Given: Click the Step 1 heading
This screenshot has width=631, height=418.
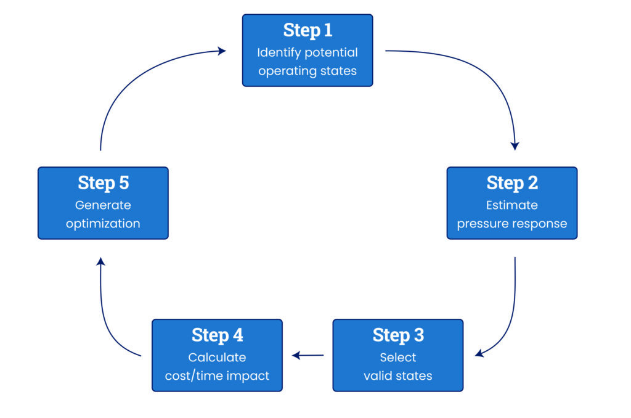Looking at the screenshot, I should pyautogui.click(x=307, y=30).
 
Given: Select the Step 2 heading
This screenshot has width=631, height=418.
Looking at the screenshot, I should pyautogui.click(x=512, y=183).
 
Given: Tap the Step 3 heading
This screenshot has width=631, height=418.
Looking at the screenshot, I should pyautogui.click(x=398, y=335).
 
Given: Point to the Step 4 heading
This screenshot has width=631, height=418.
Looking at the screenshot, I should pyautogui.click(x=217, y=335).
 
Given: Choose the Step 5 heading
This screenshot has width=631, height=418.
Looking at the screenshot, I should pyautogui.click(x=103, y=183).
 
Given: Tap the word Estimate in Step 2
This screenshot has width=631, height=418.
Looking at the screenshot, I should pyautogui.click(x=512, y=205).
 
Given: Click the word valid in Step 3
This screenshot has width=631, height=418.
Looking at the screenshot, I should pyautogui.click(x=378, y=375).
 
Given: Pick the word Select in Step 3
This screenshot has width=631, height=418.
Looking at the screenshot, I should pyautogui.click(x=398, y=357).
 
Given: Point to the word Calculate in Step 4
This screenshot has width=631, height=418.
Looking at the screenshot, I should pyautogui.click(x=217, y=357).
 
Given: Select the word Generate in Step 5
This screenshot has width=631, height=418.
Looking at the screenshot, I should pyautogui.click(x=103, y=205).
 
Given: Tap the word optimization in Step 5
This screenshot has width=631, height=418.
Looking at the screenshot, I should pyautogui.click(x=103, y=224).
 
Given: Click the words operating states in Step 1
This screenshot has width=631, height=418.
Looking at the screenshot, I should pyautogui.click(x=307, y=71).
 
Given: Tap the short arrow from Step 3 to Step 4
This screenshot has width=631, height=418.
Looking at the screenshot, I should pyautogui.click(x=308, y=355).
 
